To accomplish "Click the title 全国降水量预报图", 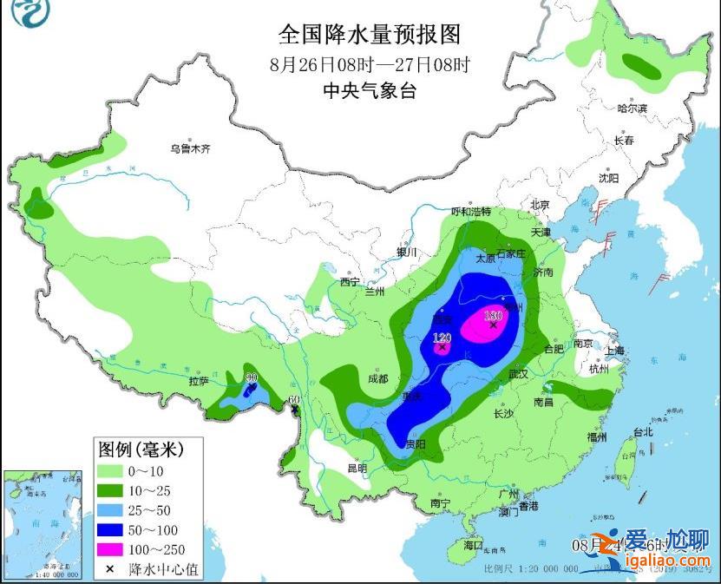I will point(368,34).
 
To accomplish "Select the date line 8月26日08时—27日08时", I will point(368,63).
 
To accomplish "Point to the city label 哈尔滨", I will point(632,108).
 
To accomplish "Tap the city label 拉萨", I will point(199,381).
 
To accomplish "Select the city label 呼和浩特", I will point(471,212).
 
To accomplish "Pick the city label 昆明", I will point(357,468).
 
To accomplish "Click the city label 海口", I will point(473,545).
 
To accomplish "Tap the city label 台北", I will point(643,432).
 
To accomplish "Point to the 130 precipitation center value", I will point(494,316).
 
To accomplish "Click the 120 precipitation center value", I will point(442,338).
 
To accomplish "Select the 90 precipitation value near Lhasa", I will point(252,377).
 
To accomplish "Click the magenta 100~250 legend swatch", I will point(110,548).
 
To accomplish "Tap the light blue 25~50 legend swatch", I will point(110,509).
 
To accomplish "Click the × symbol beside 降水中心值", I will point(110,569).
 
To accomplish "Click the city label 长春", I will point(624,141).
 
